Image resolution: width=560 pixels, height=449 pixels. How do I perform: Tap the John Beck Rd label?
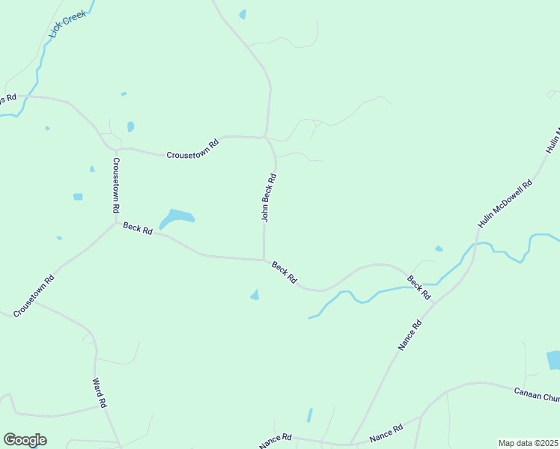(x=269, y=198)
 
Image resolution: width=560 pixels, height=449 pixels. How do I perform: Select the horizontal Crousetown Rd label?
(x=192, y=148)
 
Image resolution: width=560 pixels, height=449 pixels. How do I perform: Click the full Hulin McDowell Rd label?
(x=505, y=204)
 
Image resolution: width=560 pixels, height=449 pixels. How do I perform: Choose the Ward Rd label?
(x=99, y=392)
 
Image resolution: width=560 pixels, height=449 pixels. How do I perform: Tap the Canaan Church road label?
(x=536, y=394)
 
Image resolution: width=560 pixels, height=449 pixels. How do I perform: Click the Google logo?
(x=25, y=440)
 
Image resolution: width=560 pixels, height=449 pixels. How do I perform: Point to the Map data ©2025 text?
(x=529, y=443)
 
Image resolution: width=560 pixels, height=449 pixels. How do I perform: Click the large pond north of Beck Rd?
(x=177, y=218)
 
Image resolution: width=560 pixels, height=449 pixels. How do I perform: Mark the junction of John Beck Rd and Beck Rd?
(x=264, y=260)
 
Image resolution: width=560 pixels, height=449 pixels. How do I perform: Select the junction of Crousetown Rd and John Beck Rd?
(x=267, y=138)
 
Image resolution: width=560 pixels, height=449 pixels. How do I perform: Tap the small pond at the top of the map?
(x=242, y=14)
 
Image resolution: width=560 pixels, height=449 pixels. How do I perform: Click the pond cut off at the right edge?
(x=553, y=360)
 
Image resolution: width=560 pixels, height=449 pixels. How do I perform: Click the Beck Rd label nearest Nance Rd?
(x=419, y=288)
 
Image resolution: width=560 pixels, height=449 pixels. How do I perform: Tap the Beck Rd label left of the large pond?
(x=138, y=228)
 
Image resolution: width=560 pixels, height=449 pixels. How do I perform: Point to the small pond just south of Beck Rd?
(x=255, y=295)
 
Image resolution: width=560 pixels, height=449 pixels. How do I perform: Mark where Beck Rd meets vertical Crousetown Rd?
(x=115, y=222)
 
